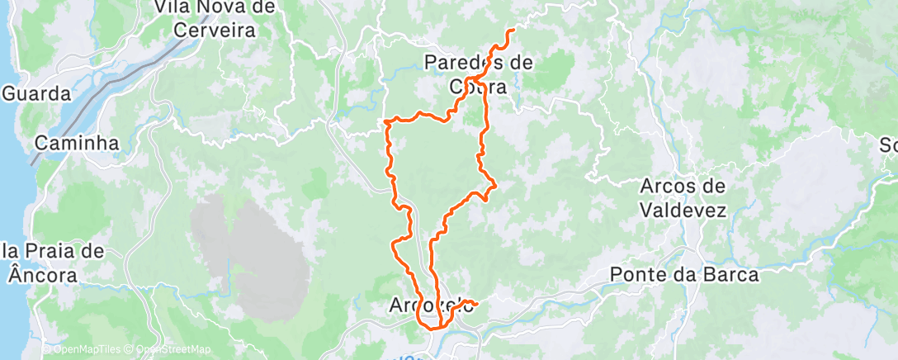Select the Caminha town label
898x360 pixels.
pyautogui.click(x=77, y=143)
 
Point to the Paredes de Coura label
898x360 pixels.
pyautogui.click(x=478, y=73)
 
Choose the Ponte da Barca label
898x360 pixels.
pyautogui.click(x=684, y=274)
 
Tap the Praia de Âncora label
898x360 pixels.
pyautogui.click(x=52, y=262)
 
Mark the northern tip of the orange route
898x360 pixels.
pyautogui.click(x=513, y=31)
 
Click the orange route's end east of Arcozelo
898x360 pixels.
pyautogui.click(x=477, y=305)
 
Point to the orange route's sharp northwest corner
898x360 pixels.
pyautogui.click(x=386, y=121)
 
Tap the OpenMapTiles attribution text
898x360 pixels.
pyautogui.click(x=83, y=349)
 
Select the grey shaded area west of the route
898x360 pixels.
pyautogui.click(x=231, y=235)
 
